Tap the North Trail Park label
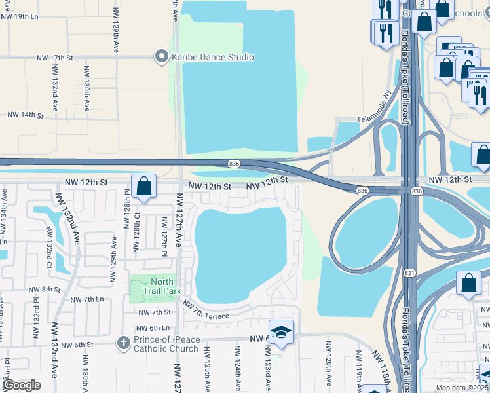157,287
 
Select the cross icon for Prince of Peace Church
122,343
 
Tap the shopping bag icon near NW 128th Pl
144,187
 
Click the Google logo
22,385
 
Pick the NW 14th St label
25,115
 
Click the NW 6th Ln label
153,328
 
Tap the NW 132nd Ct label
49,248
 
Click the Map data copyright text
462,388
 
